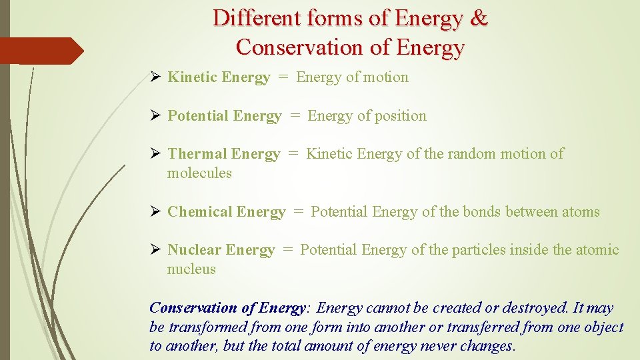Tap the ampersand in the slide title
(479, 18)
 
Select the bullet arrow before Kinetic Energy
(155, 77)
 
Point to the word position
(400, 116)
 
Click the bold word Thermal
(197, 154)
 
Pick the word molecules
(199, 173)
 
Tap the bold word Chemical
(200, 212)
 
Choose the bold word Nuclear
(194, 250)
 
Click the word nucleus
(191, 269)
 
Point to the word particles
(479, 250)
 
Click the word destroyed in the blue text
(535, 308)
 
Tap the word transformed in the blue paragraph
(206, 327)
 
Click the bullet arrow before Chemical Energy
(155, 212)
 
